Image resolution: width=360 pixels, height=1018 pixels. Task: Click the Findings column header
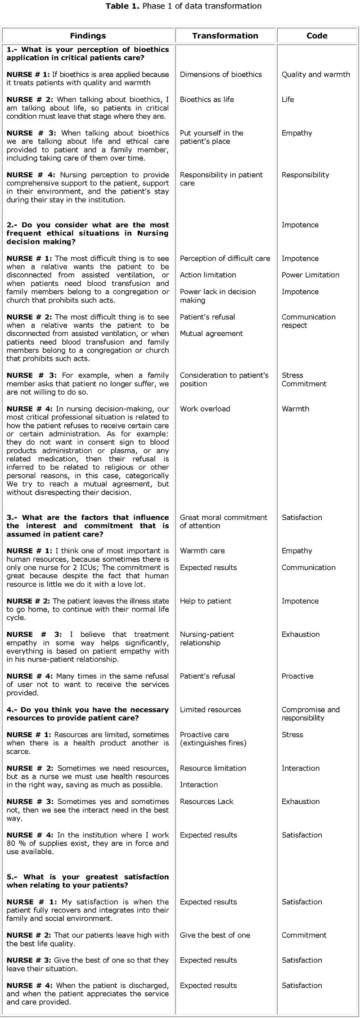coord(88,36)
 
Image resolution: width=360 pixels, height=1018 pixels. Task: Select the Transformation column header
coord(225,36)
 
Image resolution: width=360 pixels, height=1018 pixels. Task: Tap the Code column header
coord(317,36)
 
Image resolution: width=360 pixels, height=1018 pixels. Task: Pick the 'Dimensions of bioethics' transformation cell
coord(220,75)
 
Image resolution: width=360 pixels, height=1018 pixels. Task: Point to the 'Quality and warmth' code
coord(315,75)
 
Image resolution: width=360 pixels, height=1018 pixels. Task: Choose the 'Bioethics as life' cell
coord(207,99)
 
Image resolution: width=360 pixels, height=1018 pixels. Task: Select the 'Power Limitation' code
coord(310,275)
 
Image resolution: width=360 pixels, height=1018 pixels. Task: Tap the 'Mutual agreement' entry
coord(211,333)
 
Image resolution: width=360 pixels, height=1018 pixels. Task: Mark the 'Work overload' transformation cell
coord(205,409)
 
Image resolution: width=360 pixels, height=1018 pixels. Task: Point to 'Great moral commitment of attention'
coord(223,522)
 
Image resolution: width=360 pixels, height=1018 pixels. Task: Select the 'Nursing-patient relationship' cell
coord(207,639)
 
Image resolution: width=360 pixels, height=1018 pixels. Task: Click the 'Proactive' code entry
coord(297,676)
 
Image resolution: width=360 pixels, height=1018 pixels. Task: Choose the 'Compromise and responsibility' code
coord(310,714)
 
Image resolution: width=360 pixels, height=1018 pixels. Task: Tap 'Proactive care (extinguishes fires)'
coord(213,739)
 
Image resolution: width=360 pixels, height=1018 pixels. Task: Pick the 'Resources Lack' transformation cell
coord(207,802)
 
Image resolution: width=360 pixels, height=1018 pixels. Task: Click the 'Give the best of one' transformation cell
coord(215,935)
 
